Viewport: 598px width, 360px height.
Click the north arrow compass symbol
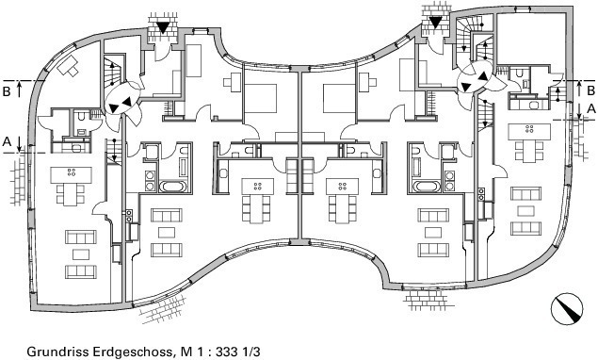coord(567,308)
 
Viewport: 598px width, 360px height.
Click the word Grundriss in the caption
coord(53,352)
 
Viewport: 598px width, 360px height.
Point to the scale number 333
coord(227,352)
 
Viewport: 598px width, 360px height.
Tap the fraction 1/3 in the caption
coord(251,352)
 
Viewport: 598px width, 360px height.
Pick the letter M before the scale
coord(186,352)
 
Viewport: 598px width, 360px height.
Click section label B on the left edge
coord(7,91)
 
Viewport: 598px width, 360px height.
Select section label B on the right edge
coord(590,90)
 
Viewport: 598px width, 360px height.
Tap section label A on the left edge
coord(7,142)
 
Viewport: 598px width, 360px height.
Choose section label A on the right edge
coord(590,108)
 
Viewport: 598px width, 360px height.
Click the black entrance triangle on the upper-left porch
coord(163,27)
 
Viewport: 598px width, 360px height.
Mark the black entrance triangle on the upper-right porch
coord(435,23)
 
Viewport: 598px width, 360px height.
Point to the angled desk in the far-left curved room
coord(68,65)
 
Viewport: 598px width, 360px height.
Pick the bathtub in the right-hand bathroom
coord(427,187)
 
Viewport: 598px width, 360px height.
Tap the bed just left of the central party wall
coord(261,98)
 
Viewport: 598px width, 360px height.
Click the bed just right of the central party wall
coord(339,98)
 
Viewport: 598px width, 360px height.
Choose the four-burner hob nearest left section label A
coord(72,172)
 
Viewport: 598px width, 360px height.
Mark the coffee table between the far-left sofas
coord(80,254)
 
